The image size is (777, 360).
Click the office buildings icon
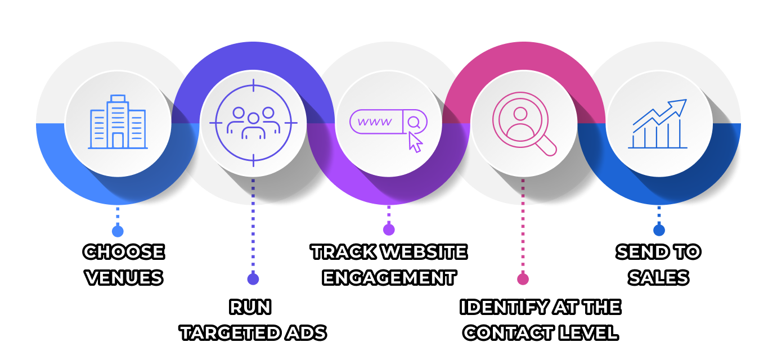[118, 122]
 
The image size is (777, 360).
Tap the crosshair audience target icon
[253, 123]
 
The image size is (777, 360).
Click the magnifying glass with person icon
[523, 123]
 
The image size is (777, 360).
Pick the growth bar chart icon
[659, 124]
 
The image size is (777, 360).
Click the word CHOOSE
[124, 252]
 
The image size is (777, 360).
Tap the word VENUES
[124, 278]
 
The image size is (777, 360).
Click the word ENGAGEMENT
[389, 278]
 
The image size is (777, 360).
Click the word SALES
[659, 278]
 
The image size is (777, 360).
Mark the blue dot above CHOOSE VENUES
[118, 231]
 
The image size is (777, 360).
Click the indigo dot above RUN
[253, 279]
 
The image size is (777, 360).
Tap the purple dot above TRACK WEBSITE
[389, 229]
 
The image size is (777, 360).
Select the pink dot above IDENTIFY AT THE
[523, 279]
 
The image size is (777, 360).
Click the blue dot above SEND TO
[659, 230]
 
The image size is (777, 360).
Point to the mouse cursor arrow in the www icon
[415, 142]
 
